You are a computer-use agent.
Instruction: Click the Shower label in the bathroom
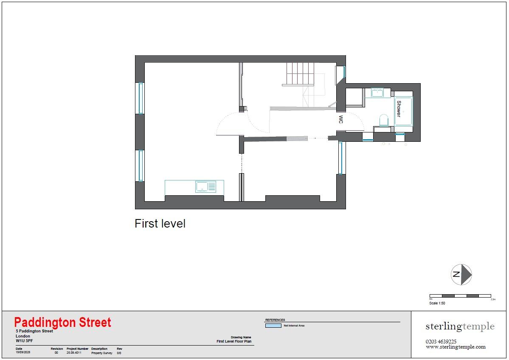click(x=399, y=109)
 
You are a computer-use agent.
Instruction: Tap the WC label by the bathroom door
click(x=340, y=120)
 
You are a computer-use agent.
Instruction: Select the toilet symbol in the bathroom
click(x=383, y=120)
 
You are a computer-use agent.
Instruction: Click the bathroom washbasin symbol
click(x=377, y=93)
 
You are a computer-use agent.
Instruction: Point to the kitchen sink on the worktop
click(x=205, y=186)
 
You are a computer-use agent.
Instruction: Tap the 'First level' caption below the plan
click(x=160, y=224)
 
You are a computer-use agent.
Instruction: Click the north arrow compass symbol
click(x=461, y=274)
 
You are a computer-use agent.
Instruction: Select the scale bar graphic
click(x=460, y=295)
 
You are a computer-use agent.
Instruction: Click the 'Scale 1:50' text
click(x=437, y=303)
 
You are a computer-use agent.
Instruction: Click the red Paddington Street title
click(x=63, y=323)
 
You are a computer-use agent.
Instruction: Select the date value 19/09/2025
click(x=23, y=353)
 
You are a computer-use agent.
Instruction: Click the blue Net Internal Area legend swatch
click(x=273, y=326)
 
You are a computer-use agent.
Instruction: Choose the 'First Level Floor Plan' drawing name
click(x=234, y=341)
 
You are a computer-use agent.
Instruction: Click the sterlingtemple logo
click(x=460, y=326)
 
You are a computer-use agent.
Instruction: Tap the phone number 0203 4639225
click(x=441, y=341)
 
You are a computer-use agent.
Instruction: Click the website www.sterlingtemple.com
click(x=456, y=347)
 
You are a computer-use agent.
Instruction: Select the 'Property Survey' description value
click(x=102, y=353)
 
